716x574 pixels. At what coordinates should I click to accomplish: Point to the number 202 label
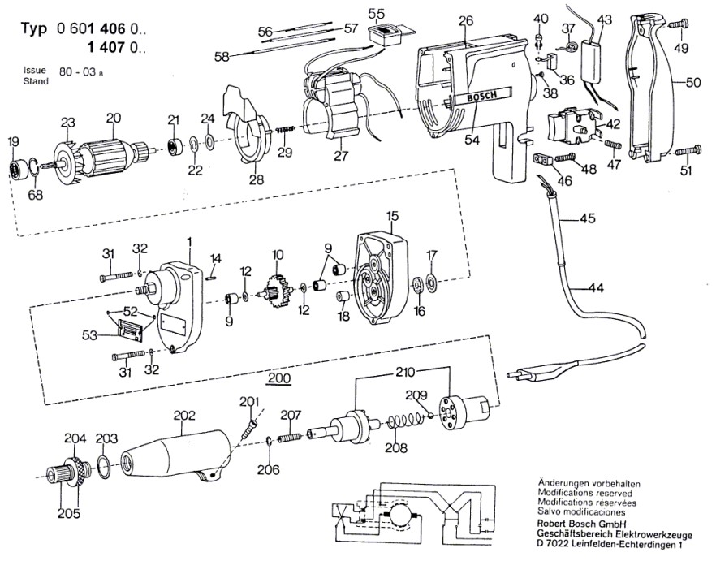185,414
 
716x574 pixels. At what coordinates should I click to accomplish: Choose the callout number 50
693,82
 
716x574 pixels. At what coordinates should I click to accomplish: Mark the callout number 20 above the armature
113,118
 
